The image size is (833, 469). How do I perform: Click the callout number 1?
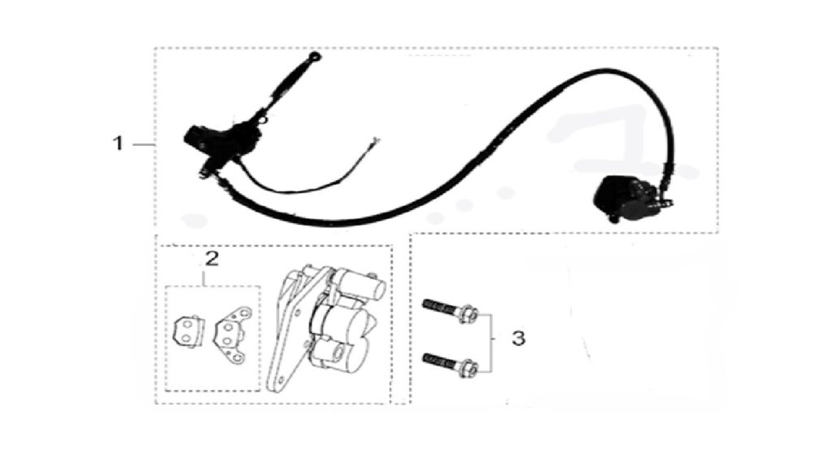click(x=118, y=143)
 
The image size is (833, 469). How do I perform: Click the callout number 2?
click(x=212, y=259)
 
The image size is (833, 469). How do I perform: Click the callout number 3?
click(x=518, y=338)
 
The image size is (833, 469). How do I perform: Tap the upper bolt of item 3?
click(x=450, y=309)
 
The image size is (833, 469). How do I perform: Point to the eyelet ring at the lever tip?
click(x=316, y=56)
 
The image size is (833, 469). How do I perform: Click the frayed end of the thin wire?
click(x=376, y=142)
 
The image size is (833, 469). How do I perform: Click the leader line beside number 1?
click(x=143, y=145)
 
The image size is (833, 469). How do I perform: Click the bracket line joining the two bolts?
click(x=491, y=341)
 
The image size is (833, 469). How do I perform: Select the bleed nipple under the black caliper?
click(x=613, y=218)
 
